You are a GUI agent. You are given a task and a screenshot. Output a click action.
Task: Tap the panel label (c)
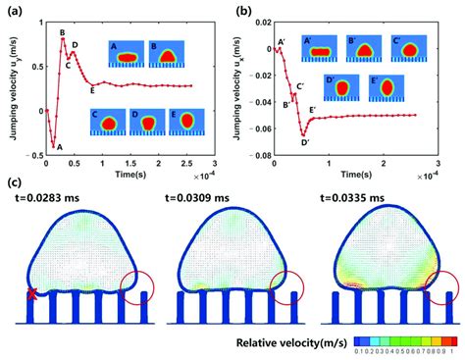point(13,181)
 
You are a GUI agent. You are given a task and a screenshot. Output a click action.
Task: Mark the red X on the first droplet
point(32,294)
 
